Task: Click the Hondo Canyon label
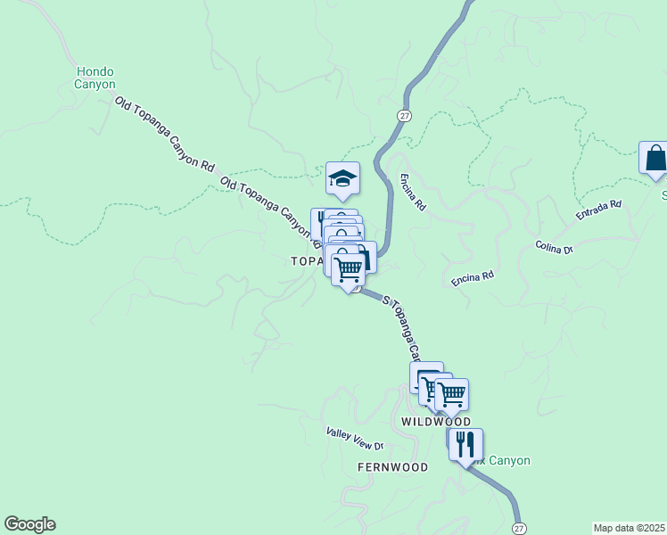point(95,78)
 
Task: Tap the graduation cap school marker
point(342,178)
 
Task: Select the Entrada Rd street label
point(597,211)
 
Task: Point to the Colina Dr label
point(554,247)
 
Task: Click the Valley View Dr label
point(354,439)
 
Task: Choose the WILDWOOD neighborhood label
point(434,421)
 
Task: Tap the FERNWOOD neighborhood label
point(392,467)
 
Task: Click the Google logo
point(29,524)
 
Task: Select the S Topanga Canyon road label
point(402,325)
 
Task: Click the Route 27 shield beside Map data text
point(520,528)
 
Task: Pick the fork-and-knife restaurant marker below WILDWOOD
point(465,444)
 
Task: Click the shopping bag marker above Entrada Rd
point(655,158)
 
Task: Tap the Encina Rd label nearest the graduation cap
point(413,192)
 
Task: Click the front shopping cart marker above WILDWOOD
point(451,393)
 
